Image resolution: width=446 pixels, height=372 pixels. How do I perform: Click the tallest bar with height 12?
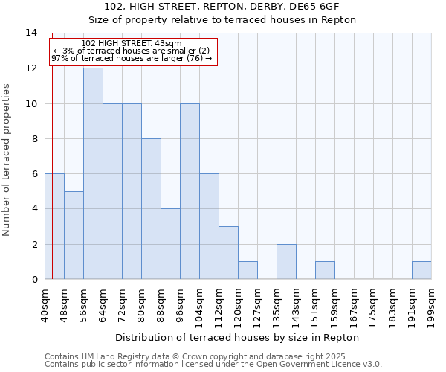tap(93, 173)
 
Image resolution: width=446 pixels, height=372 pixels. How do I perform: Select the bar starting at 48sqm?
tap(74, 235)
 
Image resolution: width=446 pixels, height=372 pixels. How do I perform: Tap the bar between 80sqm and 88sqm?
tap(151, 208)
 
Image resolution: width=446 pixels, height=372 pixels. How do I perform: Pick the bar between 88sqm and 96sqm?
tap(170, 244)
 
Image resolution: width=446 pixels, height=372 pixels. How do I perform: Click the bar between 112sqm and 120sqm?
tap(228, 252)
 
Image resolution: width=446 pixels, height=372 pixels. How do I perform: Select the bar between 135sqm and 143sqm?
tap(286, 261)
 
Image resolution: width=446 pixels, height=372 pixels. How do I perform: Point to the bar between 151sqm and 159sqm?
tap(325, 270)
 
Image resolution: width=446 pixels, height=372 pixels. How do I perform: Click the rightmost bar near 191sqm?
tap(421, 270)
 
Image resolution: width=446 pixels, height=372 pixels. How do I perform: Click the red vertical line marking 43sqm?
tap(52, 186)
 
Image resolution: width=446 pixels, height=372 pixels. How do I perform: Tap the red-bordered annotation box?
tap(134, 51)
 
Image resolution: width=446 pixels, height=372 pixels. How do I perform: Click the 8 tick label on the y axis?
tap(34, 138)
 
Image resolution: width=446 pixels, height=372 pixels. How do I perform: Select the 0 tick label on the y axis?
tap(34, 279)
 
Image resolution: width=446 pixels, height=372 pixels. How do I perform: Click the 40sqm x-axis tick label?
tap(45, 304)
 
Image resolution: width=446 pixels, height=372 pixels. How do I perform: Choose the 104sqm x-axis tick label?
tap(200, 306)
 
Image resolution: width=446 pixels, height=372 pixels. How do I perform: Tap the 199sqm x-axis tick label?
tap(432, 306)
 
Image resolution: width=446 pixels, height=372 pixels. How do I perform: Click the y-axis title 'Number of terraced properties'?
tap(7, 159)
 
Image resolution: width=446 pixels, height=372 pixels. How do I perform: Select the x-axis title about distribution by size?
tap(237, 337)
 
